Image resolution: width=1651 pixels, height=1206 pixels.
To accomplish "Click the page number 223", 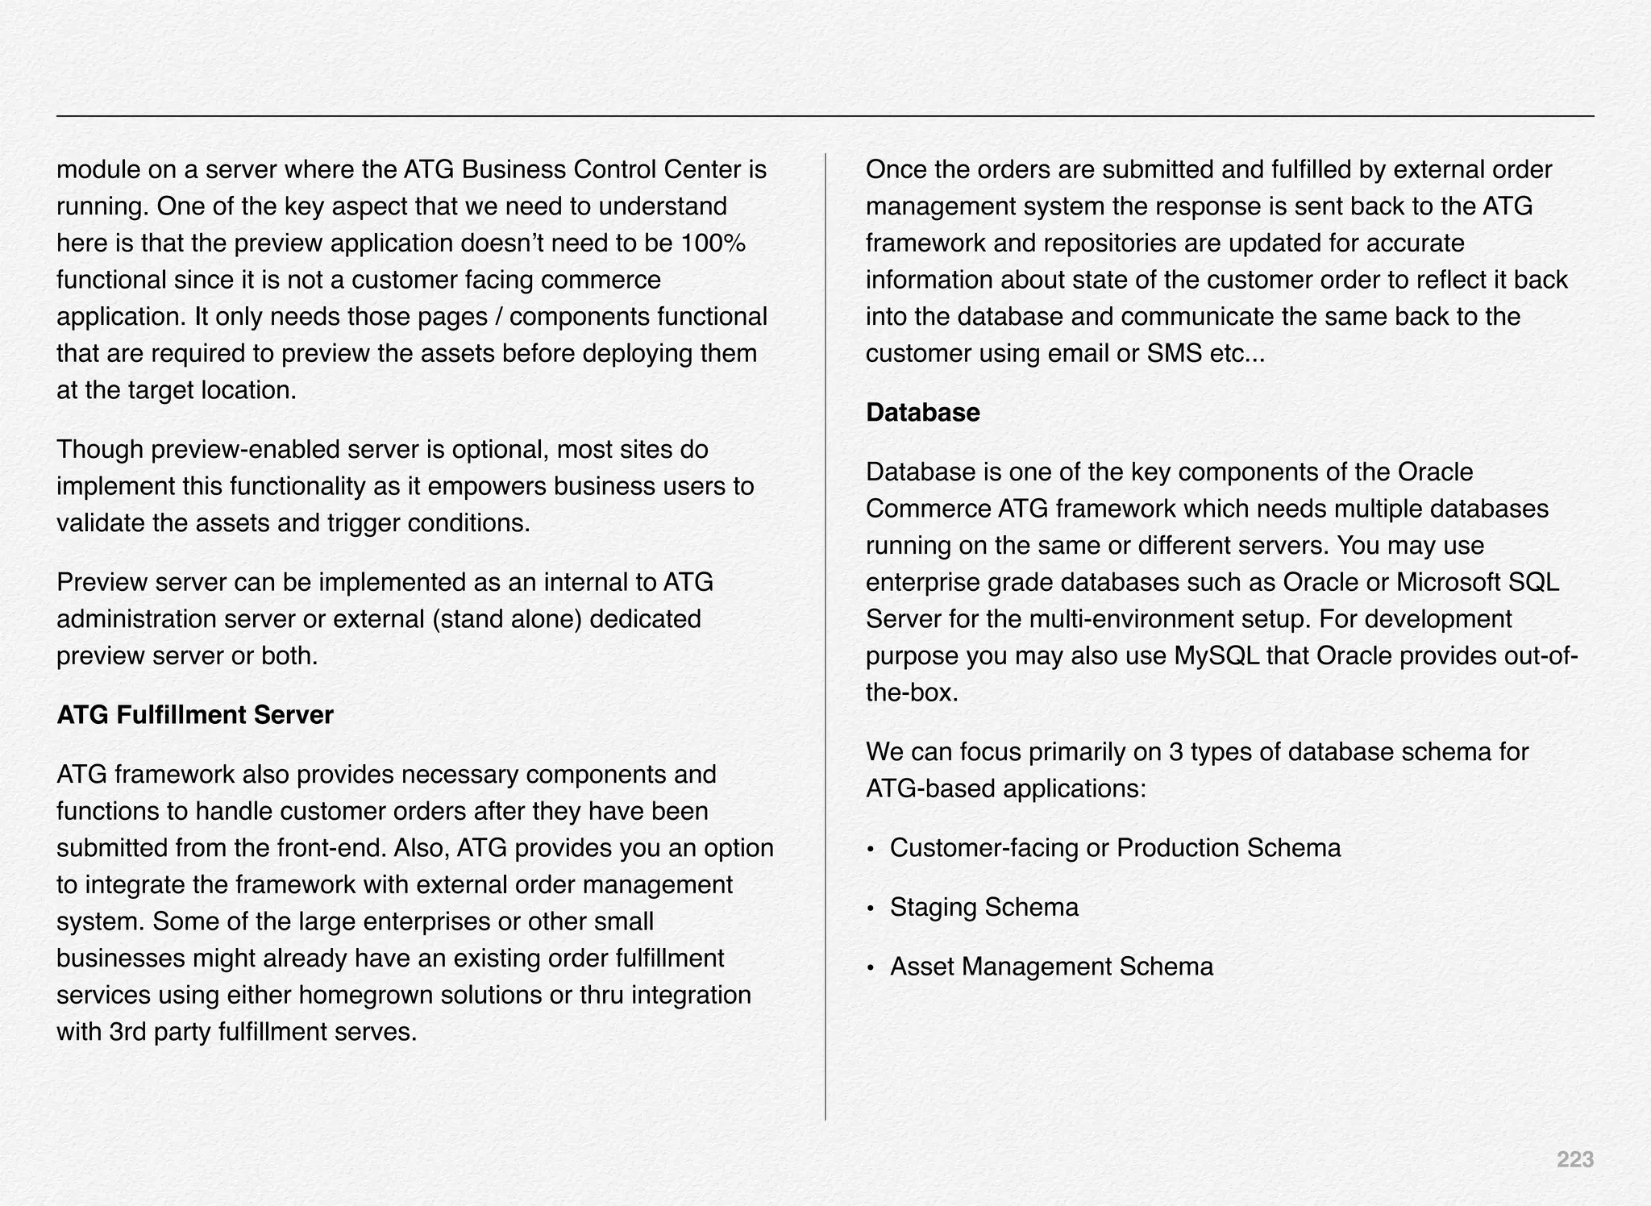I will pos(1574,1159).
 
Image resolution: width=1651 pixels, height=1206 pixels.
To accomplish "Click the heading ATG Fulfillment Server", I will pos(194,715).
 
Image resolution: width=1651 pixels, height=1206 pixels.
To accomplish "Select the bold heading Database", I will pos(922,413).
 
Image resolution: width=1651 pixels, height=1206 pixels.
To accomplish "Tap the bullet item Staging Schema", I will pos(984,908).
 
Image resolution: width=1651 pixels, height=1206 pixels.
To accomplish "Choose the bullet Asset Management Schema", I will pos(1050,967).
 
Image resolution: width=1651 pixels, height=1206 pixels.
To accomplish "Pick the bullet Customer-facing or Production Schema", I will pos(1115,848).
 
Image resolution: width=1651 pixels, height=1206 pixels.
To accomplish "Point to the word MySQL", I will pos(1216,656).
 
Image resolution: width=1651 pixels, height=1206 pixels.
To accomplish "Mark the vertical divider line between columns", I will pos(825,637).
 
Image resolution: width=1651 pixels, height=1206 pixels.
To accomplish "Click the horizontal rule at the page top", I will pos(825,116).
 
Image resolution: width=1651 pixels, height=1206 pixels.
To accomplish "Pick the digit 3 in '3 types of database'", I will pos(1175,752).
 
